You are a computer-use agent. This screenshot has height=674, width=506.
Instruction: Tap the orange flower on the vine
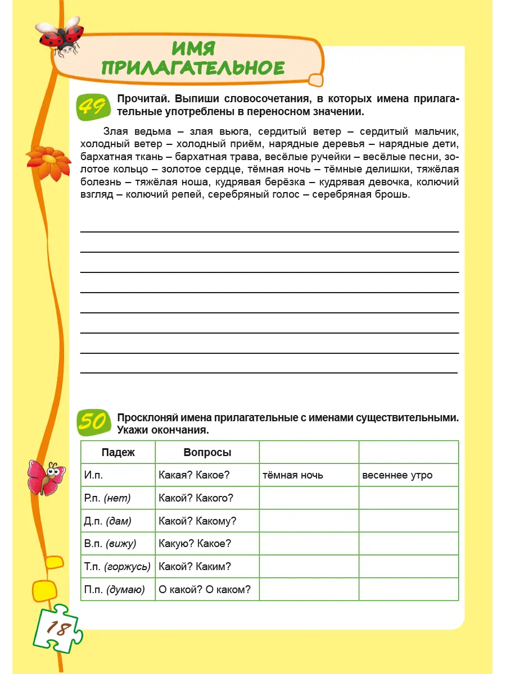[x=49, y=162]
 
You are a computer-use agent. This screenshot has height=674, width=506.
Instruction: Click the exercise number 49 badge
[x=92, y=106]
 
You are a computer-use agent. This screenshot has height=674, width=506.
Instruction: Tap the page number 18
[x=58, y=629]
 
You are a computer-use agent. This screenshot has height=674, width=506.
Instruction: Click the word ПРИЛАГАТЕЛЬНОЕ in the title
[x=193, y=67]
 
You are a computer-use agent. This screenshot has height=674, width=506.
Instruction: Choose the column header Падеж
[x=118, y=452]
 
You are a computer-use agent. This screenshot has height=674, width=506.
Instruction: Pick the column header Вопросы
[x=207, y=452]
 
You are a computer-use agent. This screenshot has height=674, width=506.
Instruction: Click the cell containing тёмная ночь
[x=293, y=475]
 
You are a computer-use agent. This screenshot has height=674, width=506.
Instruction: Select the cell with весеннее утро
[x=397, y=475]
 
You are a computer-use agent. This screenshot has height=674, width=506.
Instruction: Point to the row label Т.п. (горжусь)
[x=118, y=566]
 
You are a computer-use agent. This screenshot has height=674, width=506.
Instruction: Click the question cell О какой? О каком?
[x=205, y=589]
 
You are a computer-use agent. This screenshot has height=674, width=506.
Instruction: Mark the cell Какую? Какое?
[x=195, y=543]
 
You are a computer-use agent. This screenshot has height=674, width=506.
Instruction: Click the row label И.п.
[x=93, y=475]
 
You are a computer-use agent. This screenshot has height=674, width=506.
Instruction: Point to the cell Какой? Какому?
[x=197, y=521]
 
